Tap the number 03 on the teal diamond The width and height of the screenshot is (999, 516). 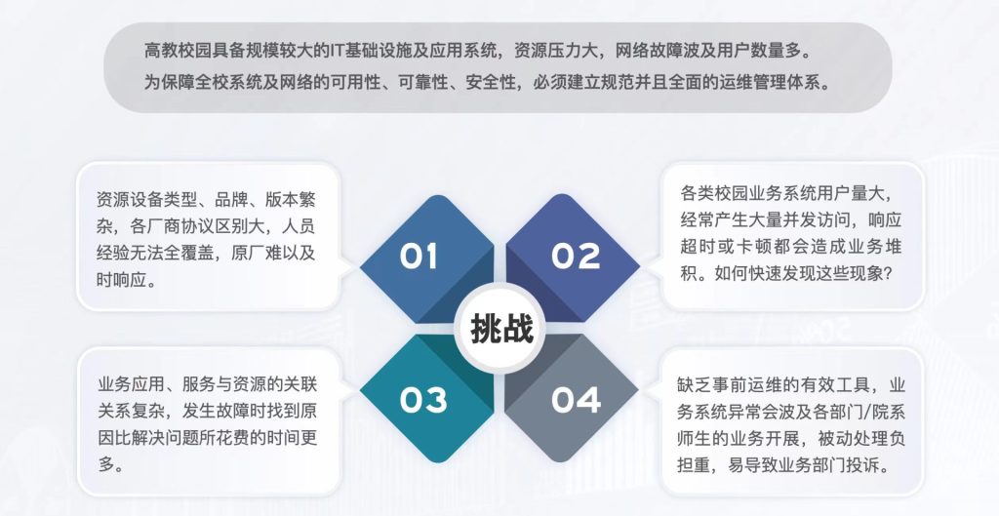[422, 399]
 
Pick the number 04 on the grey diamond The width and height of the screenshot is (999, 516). [576, 399]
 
